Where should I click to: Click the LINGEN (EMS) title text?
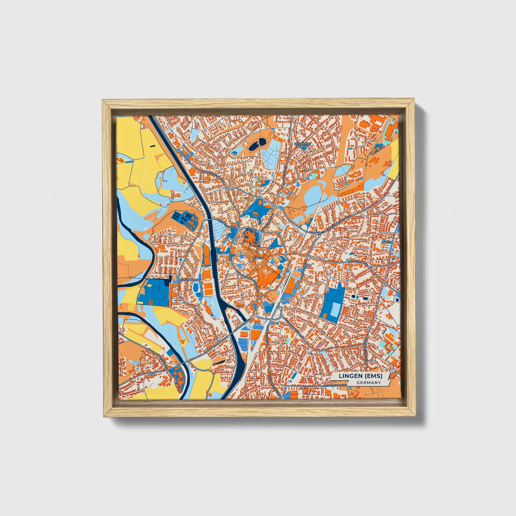tap(360, 376)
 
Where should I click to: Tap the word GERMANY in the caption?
tap(369, 383)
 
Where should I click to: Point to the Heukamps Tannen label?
tap(303, 145)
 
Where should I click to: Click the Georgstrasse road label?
tap(358, 261)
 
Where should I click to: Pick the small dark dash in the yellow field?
tap(152, 146)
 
